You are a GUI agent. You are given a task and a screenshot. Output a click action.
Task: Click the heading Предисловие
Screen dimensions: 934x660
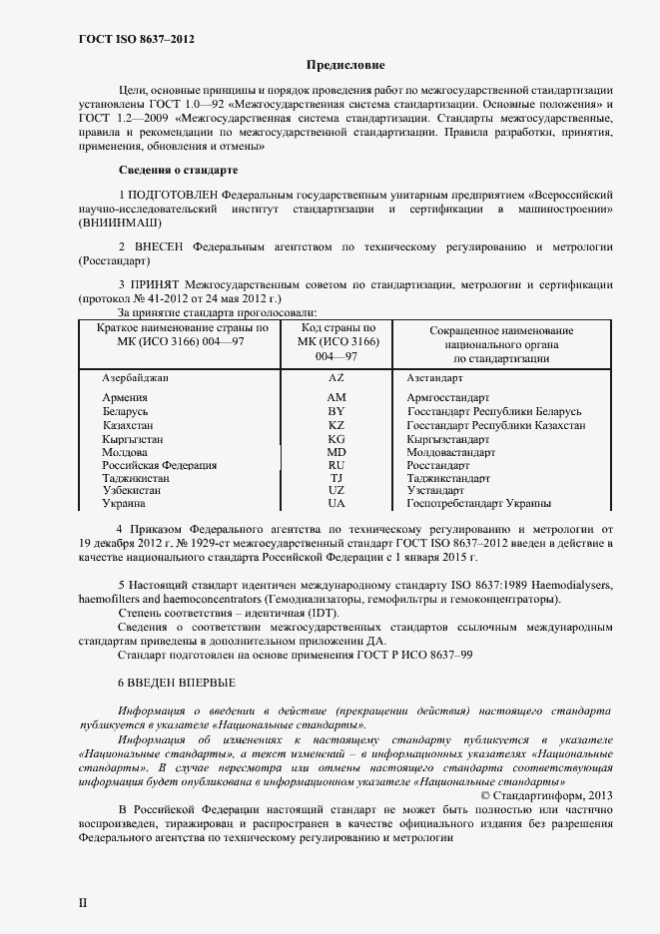pyautogui.click(x=344, y=65)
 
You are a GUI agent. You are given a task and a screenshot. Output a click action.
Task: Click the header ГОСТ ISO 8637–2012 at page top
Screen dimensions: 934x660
pyautogui.click(x=136, y=39)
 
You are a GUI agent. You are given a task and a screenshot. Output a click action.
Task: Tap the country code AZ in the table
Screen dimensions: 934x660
pyautogui.click(x=336, y=379)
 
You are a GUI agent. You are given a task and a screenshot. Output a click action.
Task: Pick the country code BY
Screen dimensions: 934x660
pyautogui.click(x=336, y=411)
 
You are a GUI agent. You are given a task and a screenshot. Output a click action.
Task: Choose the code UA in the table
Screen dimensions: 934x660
pyautogui.click(x=336, y=504)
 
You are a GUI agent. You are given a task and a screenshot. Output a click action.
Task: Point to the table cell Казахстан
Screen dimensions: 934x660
pyautogui.click(x=131, y=425)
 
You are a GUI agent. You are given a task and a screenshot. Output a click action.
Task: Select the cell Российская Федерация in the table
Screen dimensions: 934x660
pyautogui.click(x=160, y=465)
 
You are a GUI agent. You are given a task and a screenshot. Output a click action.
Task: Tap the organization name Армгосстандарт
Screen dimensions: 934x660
pyautogui.click(x=448, y=398)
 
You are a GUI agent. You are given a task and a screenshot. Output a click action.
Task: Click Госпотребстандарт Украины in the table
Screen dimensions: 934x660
pyautogui.click(x=479, y=504)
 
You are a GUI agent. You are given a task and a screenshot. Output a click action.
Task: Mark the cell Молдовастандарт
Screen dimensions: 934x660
pyautogui.click(x=451, y=452)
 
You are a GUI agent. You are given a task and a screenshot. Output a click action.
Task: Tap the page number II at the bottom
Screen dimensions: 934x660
pyautogui.click(x=83, y=902)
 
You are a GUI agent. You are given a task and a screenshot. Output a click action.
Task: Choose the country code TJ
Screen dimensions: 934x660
pyautogui.click(x=336, y=478)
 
